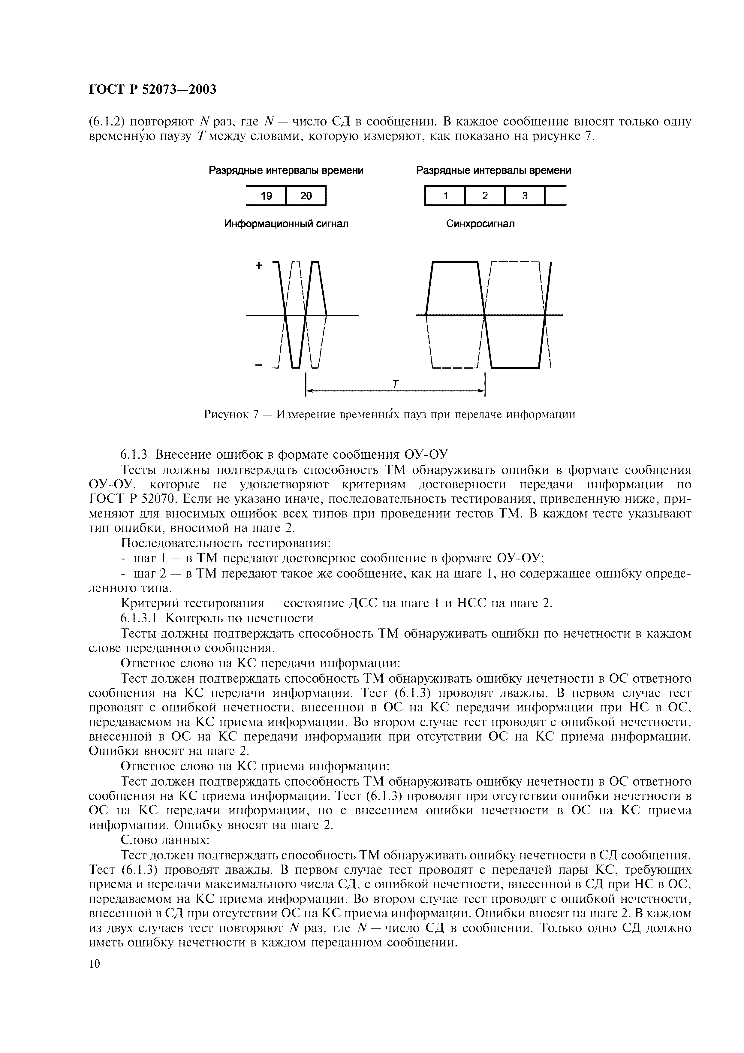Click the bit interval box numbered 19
coord(266,196)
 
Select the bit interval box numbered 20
coord(306,196)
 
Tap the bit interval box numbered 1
coord(445,196)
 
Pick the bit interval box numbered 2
coord(484,196)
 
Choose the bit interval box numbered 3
coord(524,196)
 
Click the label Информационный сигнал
coord(286,224)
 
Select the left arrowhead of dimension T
coord(309,391)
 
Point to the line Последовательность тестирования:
coord(225,543)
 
